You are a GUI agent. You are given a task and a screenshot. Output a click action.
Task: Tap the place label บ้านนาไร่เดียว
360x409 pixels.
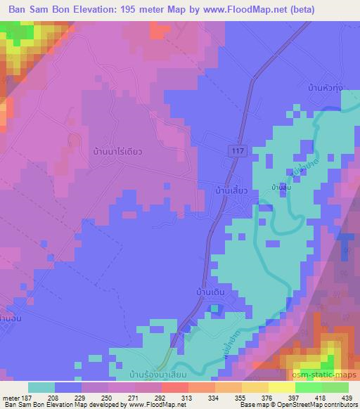[x=112, y=150]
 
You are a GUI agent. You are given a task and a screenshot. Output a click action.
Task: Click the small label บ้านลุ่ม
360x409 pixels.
[x=283, y=188]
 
